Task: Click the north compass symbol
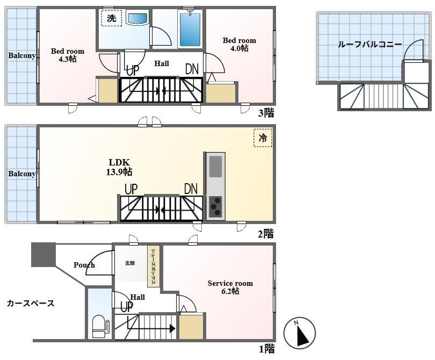point(300,333)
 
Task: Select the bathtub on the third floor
point(190,29)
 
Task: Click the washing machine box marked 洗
point(112,18)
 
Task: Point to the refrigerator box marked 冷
point(263,138)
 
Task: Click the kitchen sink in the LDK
point(215,167)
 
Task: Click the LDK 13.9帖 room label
point(119,167)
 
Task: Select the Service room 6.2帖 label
point(230,287)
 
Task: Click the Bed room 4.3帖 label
point(68,55)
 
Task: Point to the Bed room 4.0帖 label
point(240,45)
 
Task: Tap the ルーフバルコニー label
point(370,45)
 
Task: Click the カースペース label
point(31,303)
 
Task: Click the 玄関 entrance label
point(130,263)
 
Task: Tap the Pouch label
point(84,265)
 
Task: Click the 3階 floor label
point(266,113)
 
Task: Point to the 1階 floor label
point(267,349)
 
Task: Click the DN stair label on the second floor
point(191,189)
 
